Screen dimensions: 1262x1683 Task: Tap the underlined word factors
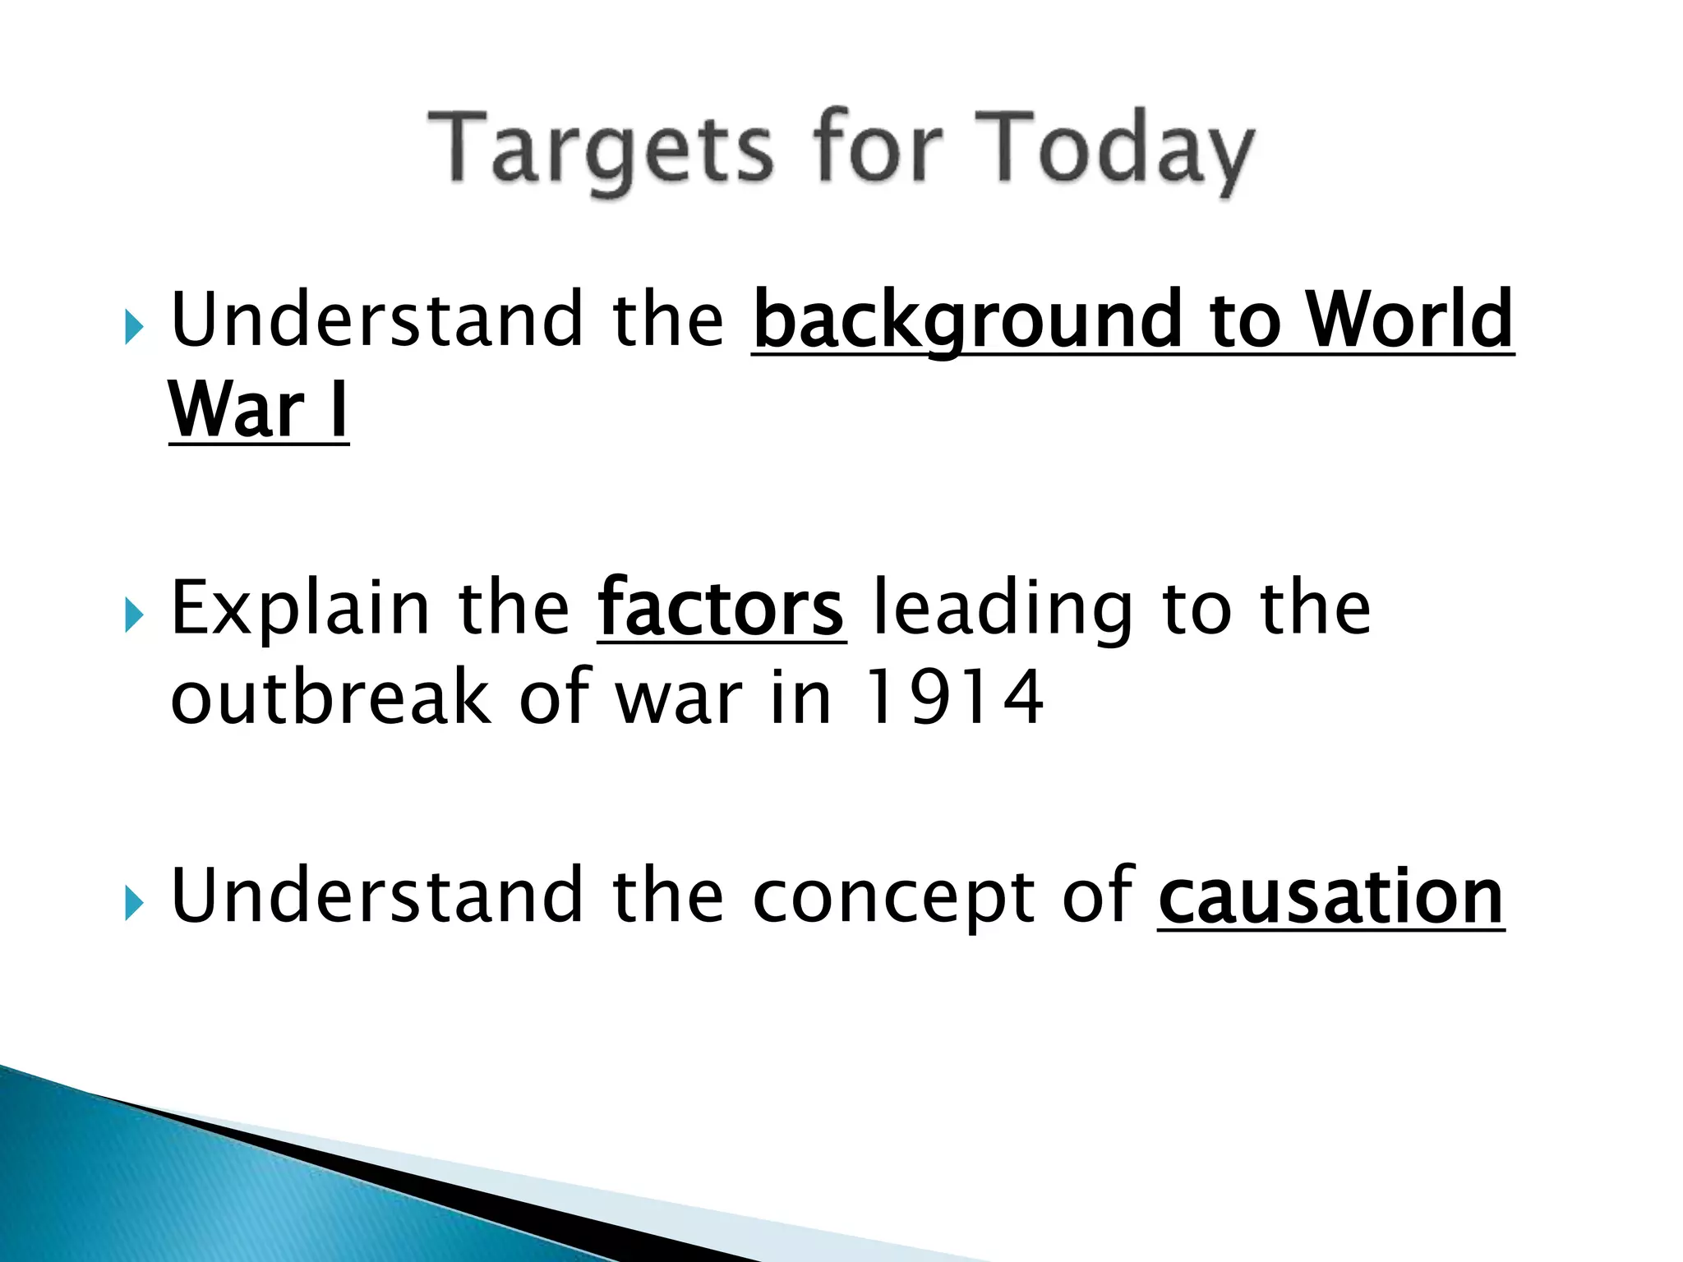coord(721,609)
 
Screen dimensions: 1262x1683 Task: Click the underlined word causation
coord(1331,897)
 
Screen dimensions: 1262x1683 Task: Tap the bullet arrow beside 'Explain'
coord(134,616)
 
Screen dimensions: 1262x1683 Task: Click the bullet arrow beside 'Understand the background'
coord(134,329)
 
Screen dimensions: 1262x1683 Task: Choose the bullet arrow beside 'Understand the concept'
coord(134,905)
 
